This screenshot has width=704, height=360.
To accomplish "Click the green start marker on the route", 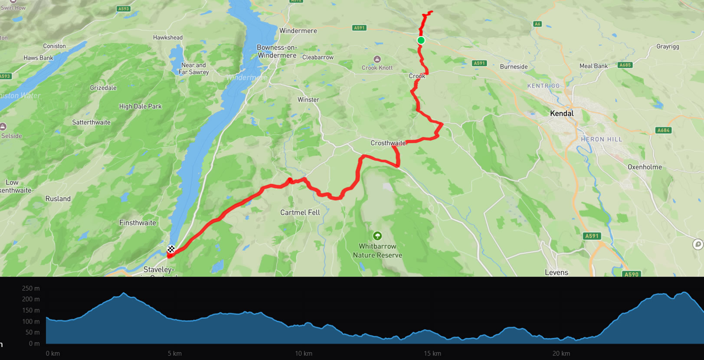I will (421, 40).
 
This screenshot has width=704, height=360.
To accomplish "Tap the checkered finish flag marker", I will (171, 249).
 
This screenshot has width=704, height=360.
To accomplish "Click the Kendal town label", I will (562, 114).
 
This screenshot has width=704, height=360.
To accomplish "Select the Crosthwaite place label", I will (388, 143).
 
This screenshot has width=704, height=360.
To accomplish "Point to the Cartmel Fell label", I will (300, 213).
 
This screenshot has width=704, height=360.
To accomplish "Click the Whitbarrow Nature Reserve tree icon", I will (377, 236).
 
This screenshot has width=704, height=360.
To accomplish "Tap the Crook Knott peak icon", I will (377, 59).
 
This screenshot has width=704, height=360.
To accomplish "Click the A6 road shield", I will (537, 24).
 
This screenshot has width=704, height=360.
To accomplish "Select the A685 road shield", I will (625, 65).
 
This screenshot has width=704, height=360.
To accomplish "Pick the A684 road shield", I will (663, 130).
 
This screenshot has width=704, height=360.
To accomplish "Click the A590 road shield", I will (631, 274).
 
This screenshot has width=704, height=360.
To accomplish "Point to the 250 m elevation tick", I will (31, 288).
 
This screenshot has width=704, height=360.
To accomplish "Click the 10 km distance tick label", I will (303, 353).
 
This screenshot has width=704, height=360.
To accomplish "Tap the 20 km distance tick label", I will (561, 353).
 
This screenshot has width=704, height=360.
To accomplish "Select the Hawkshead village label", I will (168, 38).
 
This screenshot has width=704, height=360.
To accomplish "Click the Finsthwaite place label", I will (138, 223).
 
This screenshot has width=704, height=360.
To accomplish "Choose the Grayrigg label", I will (668, 47).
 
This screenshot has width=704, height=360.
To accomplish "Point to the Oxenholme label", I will (645, 167).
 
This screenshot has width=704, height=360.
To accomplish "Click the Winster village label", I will (308, 100).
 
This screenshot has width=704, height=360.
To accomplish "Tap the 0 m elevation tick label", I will (34, 344).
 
